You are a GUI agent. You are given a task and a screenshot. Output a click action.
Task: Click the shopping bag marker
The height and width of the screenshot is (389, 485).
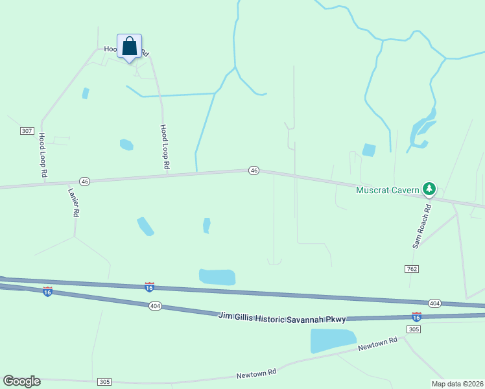pos(129,47)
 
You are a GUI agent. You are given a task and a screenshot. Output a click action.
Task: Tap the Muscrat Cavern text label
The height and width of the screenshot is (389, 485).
pos(388,190)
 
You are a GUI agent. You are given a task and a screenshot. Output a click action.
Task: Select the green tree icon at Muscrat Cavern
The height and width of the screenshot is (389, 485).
pos(429,189)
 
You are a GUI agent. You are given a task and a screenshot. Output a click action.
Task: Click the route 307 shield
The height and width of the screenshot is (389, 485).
pos(27,131)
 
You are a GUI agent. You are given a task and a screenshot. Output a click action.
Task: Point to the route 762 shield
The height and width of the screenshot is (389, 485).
pos(413,268)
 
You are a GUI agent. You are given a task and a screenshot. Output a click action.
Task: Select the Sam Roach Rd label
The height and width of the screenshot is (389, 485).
pos(422,228)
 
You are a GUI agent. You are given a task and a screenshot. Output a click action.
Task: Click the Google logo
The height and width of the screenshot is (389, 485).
pos(21,381)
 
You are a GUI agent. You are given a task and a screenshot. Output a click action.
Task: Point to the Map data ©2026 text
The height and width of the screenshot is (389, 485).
pos(457,384)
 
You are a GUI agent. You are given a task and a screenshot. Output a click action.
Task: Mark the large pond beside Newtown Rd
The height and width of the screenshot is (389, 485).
pos(333,340)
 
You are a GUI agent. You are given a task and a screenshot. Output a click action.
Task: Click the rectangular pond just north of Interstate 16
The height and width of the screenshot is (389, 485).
pos(217,277)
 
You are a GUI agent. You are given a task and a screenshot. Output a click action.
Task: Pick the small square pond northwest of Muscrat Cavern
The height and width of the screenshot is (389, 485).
pos(368,150)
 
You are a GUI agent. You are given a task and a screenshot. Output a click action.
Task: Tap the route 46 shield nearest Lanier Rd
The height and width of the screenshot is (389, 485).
pos(84,181)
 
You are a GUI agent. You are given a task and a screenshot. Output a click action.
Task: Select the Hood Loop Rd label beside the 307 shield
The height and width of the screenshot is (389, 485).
pos(43,156)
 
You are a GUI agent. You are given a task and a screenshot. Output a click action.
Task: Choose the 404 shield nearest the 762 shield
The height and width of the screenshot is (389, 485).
pos(434,303)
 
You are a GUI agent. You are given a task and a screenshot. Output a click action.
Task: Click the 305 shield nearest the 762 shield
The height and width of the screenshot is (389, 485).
pos(414,329)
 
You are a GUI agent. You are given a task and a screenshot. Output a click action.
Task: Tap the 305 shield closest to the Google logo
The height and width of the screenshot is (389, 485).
pos(104,382)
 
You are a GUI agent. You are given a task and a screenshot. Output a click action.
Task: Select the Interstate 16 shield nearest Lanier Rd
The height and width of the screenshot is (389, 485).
pos(47,292)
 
